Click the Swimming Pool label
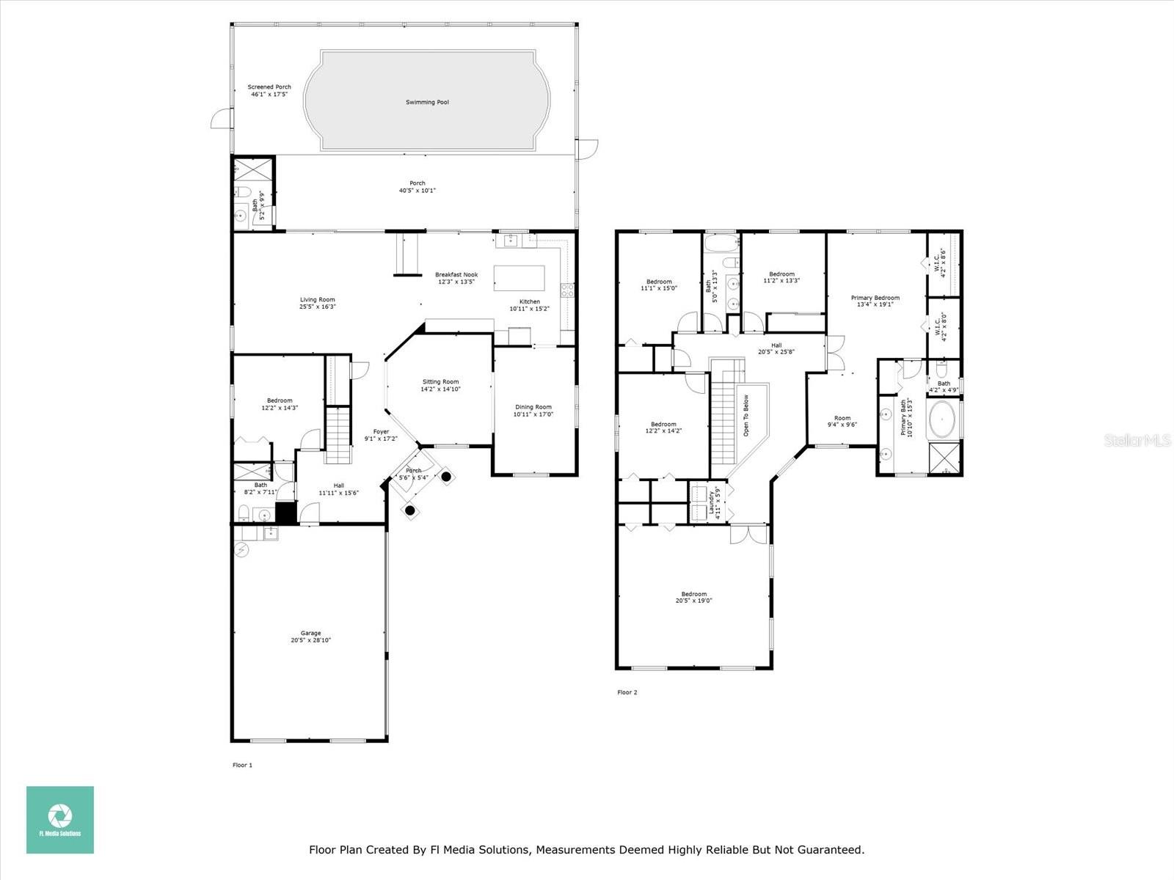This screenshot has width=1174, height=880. (x=427, y=103)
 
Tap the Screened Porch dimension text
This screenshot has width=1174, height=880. (x=269, y=95)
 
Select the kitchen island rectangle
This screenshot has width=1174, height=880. (x=519, y=279)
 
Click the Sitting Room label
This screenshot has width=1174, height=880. (x=440, y=382)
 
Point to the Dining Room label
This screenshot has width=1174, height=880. (x=533, y=407)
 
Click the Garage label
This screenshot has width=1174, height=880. (x=310, y=633)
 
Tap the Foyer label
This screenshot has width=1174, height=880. (x=381, y=432)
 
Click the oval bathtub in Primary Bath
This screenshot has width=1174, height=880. (x=943, y=420)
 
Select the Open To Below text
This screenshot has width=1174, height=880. (x=745, y=416)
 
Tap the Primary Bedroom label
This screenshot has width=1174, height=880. (x=875, y=298)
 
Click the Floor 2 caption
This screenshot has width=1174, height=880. (x=627, y=692)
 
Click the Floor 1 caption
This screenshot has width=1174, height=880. (x=242, y=765)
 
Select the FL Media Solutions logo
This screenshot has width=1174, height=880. (x=60, y=820)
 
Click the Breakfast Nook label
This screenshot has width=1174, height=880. (x=456, y=275)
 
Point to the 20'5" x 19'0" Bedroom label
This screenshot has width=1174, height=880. (x=693, y=594)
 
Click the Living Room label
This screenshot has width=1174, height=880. (x=317, y=299)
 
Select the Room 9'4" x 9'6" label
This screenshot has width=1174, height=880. (x=842, y=419)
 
